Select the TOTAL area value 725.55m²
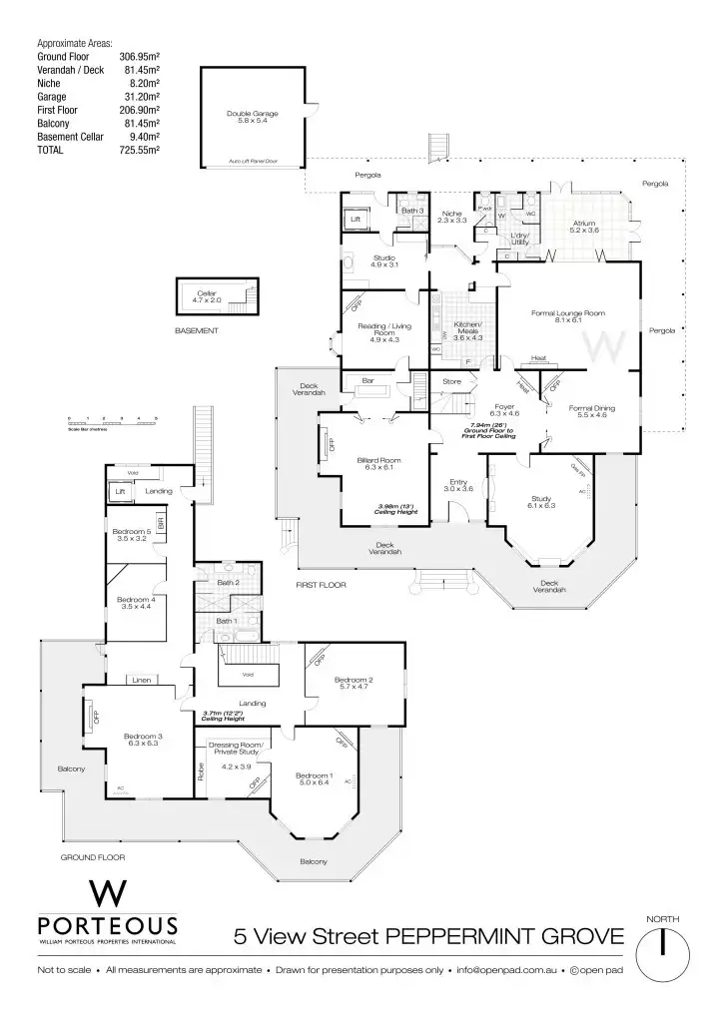(x=140, y=150)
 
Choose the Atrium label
(x=583, y=226)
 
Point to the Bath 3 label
(x=412, y=211)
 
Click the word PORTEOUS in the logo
(x=107, y=925)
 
